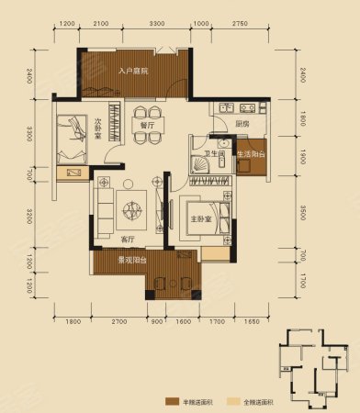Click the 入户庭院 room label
[134, 70]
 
